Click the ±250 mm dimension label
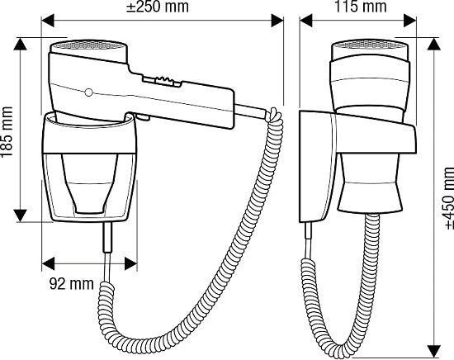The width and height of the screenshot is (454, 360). click(x=158, y=7)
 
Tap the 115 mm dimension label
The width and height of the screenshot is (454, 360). click(x=361, y=7)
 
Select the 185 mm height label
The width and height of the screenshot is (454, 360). click(x=7, y=132)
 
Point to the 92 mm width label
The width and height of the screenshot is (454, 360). click(x=72, y=284)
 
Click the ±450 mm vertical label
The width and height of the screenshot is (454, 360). click(x=448, y=198)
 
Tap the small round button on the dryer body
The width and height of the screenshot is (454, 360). click(x=89, y=92)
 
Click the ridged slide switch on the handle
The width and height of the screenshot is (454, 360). click(x=162, y=82)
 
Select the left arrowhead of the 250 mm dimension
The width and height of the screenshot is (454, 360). click(x=48, y=21)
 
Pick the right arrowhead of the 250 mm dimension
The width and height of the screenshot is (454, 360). click(x=277, y=21)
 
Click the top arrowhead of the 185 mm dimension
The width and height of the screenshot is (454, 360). click(x=20, y=44)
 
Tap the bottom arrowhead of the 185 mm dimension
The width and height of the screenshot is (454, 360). click(x=20, y=216)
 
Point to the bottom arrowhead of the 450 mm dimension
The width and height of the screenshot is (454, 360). click(x=434, y=351)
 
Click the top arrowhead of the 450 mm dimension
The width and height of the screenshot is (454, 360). click(x=434, y=44)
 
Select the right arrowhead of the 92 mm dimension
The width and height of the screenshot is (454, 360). click(x=131, y=263)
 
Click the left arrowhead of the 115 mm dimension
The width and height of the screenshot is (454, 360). click(x=306, y=21)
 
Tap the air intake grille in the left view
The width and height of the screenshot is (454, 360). click(x=88, y=45)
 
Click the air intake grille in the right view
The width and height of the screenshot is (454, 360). click(x=370, y=45)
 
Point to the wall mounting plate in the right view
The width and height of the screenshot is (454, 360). click(x=317, y=167)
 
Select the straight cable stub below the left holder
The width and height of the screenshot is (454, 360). click(x=107, y=238)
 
